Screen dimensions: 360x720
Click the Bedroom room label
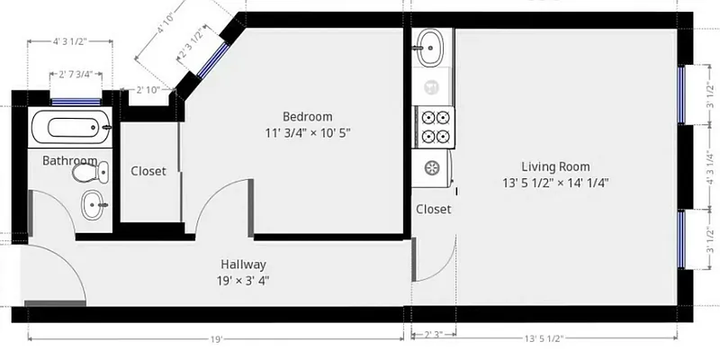307,116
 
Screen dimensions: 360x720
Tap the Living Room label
555,166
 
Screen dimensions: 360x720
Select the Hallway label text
243,265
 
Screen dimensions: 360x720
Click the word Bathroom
68,160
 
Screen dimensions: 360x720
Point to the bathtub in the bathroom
70,128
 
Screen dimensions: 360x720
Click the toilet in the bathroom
89,171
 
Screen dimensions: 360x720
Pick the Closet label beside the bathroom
148,171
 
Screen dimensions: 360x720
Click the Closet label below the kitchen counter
433,210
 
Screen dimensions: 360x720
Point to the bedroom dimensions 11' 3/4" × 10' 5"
307,133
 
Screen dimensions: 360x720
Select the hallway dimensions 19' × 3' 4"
243,280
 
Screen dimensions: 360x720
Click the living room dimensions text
555,183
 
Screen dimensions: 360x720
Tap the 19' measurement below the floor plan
216,339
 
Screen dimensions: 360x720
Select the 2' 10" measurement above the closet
148,90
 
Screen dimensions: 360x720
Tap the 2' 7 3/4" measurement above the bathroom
76,75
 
